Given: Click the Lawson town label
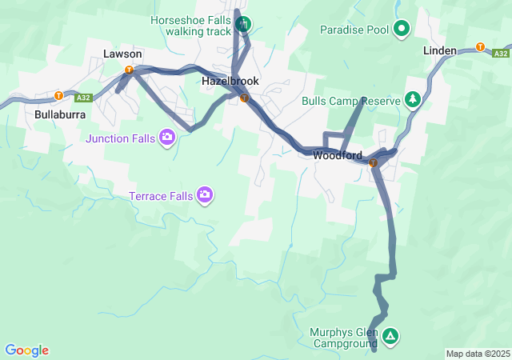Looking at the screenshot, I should pos(122,54).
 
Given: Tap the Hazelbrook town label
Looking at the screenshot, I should pos(230,81).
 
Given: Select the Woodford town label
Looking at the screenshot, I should pos(338,155).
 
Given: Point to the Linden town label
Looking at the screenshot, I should pos(440,50).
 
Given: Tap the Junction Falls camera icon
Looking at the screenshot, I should pos(167,137).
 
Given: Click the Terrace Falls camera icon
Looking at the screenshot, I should pos(205,194).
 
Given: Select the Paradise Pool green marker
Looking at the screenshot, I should pos(402,30).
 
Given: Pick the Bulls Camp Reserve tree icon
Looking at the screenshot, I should pos(413,100).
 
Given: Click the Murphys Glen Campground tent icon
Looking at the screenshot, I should pos(390,336).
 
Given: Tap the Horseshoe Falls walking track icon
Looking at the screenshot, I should pos(243,24).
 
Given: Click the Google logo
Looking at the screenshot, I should pos(26,350).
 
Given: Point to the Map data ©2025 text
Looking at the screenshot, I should pos(478,354).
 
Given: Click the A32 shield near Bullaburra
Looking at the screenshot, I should pos(82,98).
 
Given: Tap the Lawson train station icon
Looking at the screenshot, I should pos(128,70).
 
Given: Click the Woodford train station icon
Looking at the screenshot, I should pos(373,162).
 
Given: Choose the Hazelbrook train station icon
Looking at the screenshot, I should pos(244,98).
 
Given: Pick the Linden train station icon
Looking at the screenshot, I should pos(480,46).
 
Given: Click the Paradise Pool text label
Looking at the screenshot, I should pos(354,30).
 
